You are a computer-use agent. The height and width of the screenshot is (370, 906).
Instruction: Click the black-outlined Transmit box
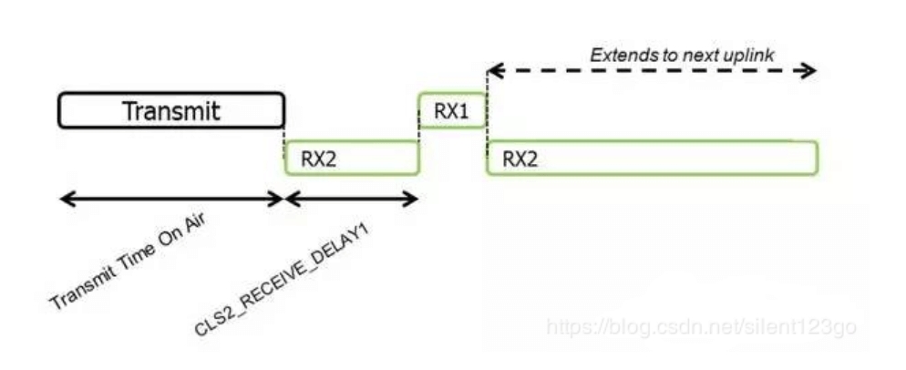[x=171, y=110]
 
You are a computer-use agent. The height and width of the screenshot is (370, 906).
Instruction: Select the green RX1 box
[x=452, y=110]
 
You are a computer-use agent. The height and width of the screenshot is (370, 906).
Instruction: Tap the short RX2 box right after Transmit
[x=352, y=157]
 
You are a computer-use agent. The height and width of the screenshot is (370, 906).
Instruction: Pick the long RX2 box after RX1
[x=653, y=157]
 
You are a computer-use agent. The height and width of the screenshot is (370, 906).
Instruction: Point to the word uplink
[x=749, y=56]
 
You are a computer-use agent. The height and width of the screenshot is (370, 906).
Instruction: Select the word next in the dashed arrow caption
[x=703, y=56]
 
